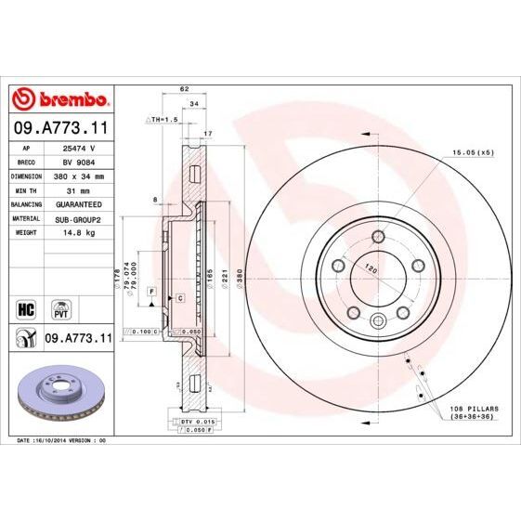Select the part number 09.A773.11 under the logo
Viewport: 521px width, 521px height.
60,126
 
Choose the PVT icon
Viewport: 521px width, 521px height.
60,307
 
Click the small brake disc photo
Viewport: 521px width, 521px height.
60,388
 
